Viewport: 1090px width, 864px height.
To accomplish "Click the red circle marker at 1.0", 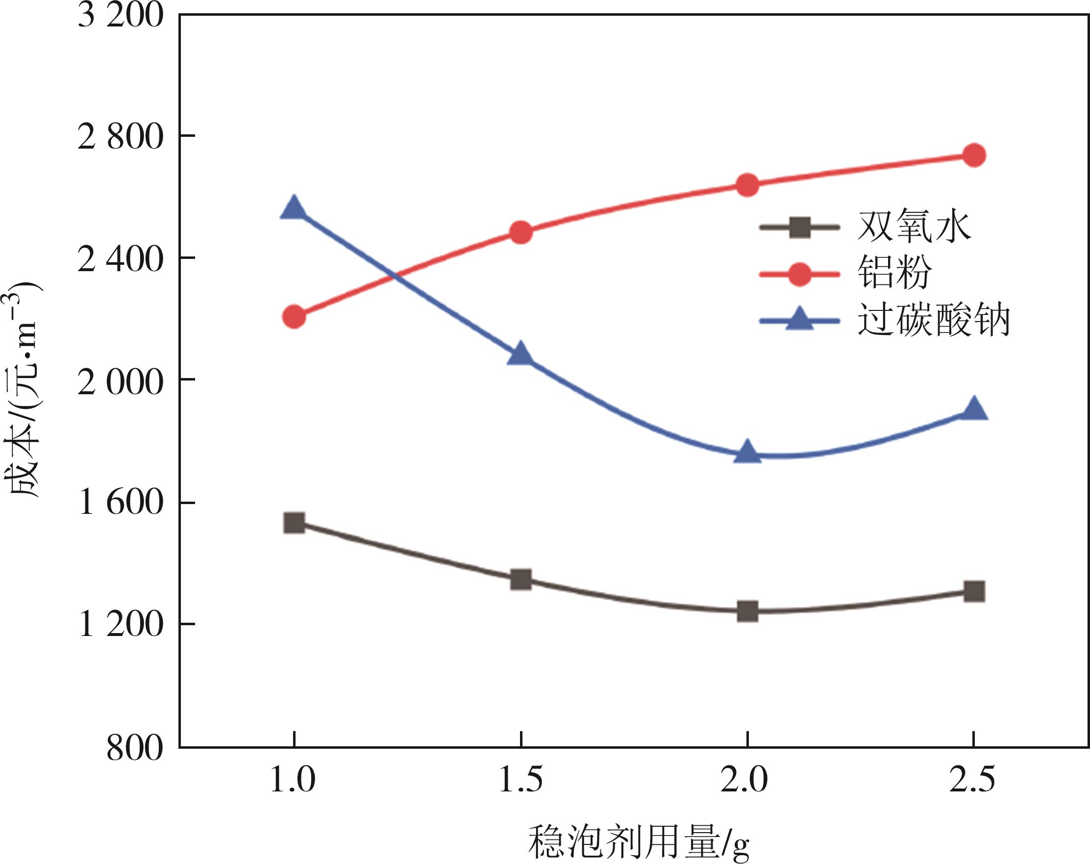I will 294,317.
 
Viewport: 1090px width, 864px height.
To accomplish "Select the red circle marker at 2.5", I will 974,155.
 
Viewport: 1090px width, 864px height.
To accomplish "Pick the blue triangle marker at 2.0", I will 747,452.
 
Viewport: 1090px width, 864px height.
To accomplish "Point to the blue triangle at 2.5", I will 974,409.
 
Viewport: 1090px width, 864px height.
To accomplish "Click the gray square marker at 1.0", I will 294,523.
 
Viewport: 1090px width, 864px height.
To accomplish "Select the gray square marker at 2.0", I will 747,610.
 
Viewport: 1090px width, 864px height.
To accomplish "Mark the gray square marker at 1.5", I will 520,579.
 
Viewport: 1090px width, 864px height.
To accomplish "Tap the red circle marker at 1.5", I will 520,232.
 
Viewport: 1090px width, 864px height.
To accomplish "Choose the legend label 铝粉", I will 894,273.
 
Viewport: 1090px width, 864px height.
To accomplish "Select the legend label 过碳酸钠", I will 933,320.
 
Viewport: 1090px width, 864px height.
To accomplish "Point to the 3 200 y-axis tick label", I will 121,15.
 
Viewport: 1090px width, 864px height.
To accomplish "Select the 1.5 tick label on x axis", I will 520,779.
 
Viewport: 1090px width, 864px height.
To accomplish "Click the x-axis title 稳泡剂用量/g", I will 638,843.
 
